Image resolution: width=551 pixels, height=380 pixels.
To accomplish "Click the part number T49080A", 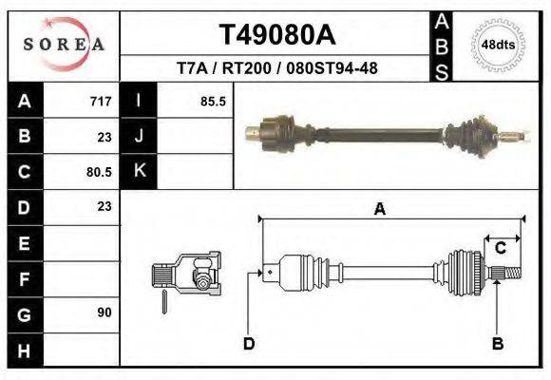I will tap(277, 34).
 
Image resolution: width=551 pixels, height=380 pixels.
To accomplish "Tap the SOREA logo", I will tap(63, 45).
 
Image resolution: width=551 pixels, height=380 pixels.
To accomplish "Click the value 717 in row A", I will tap(100, 101).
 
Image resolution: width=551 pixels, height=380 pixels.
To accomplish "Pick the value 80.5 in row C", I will tap(98, 172).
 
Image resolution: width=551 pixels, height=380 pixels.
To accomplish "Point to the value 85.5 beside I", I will tap(212, 101).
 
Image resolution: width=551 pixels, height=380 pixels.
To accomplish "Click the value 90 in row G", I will tap(104, 313).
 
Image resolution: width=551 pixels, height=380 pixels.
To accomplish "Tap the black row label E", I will tap(25, 242).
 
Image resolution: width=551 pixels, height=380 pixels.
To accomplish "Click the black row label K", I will tap(139, 172).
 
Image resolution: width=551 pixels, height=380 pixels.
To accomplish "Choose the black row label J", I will tap(139, 136).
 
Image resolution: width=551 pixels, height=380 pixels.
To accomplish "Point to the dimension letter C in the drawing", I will tap(500, 248).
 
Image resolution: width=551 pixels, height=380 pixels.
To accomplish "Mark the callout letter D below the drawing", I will tap(249, 343).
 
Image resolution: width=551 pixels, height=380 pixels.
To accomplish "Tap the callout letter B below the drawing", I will tap(497, 343).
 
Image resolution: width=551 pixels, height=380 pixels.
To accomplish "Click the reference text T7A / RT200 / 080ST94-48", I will tap(277, 69).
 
